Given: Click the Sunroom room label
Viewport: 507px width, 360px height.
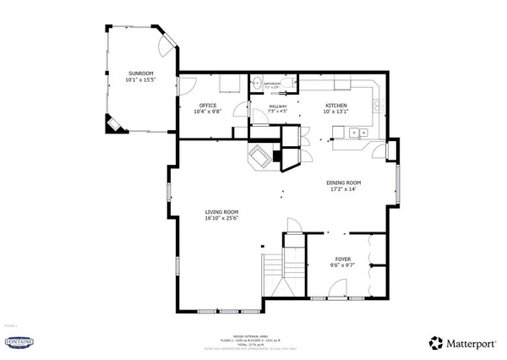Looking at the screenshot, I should [x=140, y=74].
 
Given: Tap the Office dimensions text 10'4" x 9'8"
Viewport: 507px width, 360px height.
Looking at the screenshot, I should [x=207, y=112].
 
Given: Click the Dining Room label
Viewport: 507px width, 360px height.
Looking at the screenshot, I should [x=344, y=183].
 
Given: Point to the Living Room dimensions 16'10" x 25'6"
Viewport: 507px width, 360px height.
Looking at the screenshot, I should [x=221, y=219].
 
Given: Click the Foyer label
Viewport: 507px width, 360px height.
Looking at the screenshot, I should [x=342, y=259].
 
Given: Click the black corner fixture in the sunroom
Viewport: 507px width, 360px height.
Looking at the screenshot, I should [x=113, y=126].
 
